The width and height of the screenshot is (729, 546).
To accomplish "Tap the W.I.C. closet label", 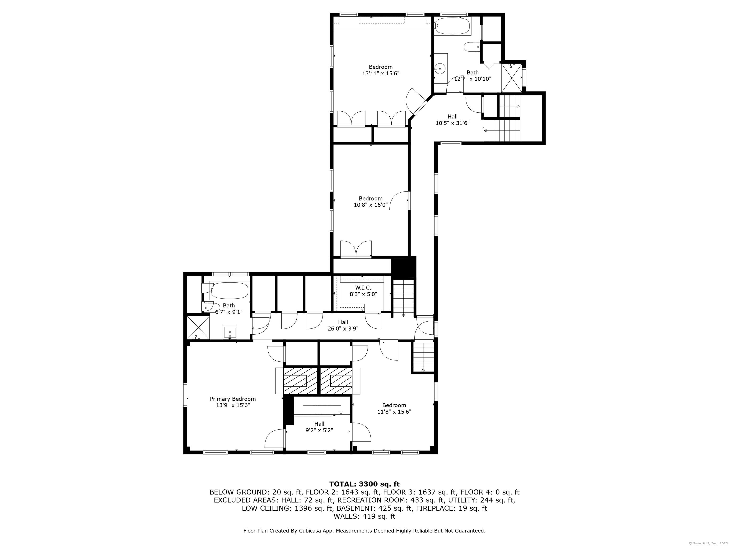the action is [x=363, y=288].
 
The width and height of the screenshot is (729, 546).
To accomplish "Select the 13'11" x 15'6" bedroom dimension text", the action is [x=381, y=74].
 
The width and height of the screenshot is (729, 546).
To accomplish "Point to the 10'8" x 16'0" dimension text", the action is [x=371, y=205].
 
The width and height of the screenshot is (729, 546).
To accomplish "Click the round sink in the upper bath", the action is [x=440, y=68].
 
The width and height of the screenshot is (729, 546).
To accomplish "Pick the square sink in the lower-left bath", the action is [x=230, y=332].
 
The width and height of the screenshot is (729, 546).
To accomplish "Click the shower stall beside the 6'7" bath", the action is [x=198, y=328].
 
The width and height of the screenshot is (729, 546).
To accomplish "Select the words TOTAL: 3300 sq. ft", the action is [x=364, y=484].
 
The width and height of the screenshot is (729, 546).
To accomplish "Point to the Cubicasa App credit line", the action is [x=364, y=531].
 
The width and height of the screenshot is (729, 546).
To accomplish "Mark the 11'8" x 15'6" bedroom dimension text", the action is [x=394, y=411].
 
